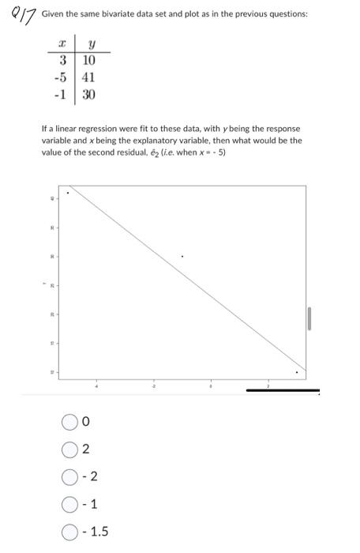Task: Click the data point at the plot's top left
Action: (x=68, y=192)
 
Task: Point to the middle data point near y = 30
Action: (x=182, y=256)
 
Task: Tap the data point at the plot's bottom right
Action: (x=297, y=372)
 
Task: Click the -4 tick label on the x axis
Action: (x=97, y=387)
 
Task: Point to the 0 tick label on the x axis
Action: (x=211, y=387)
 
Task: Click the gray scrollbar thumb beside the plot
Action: (x=309, y=320)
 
